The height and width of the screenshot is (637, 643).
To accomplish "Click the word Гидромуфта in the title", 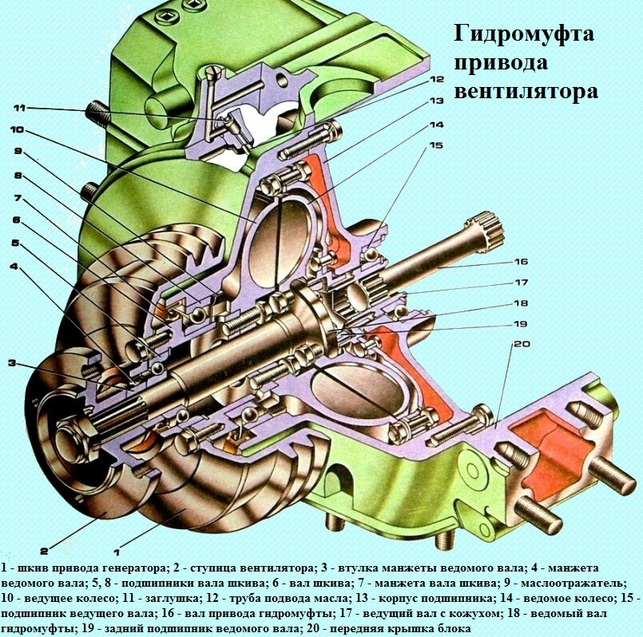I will click(x=523, y=36).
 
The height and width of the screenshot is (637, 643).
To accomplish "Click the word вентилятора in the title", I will click(x=526, y=92).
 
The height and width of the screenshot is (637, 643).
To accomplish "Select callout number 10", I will click(x=18, y=130).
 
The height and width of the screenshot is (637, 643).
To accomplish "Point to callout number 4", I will click(x=15, y=266).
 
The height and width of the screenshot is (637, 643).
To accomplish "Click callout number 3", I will click(x=13, y=363).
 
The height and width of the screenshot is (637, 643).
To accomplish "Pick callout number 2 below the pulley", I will click(x=44, y=550).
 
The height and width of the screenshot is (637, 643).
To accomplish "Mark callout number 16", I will click(x=520, y=262).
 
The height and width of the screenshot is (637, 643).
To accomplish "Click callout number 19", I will click(x=520, y=324).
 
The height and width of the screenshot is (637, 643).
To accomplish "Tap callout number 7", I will click(x=15, y=197).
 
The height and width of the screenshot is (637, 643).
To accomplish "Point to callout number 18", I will click(x=520, y=303).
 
